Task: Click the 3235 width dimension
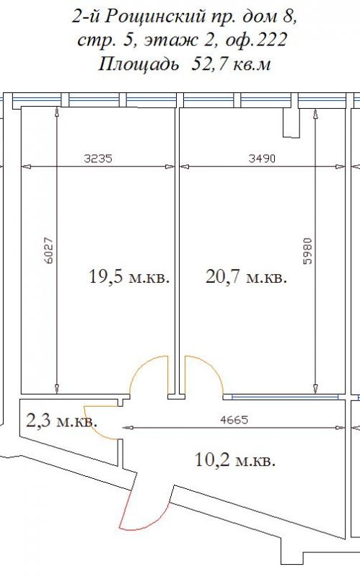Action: point(98,159)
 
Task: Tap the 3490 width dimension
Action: point(262,159)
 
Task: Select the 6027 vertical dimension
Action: point(48,250)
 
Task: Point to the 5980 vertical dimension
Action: point(308,251)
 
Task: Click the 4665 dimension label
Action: point(234,420)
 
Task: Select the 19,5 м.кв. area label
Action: point(129,276)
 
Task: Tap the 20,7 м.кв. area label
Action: point(246,276)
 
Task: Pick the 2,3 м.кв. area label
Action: point(62,420)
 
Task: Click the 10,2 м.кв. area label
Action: point(235,459)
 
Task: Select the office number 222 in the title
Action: point(271,40)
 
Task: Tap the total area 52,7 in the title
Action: point(210,64)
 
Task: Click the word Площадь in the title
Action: point(139,65)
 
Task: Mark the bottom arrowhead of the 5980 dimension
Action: point(316,388)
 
